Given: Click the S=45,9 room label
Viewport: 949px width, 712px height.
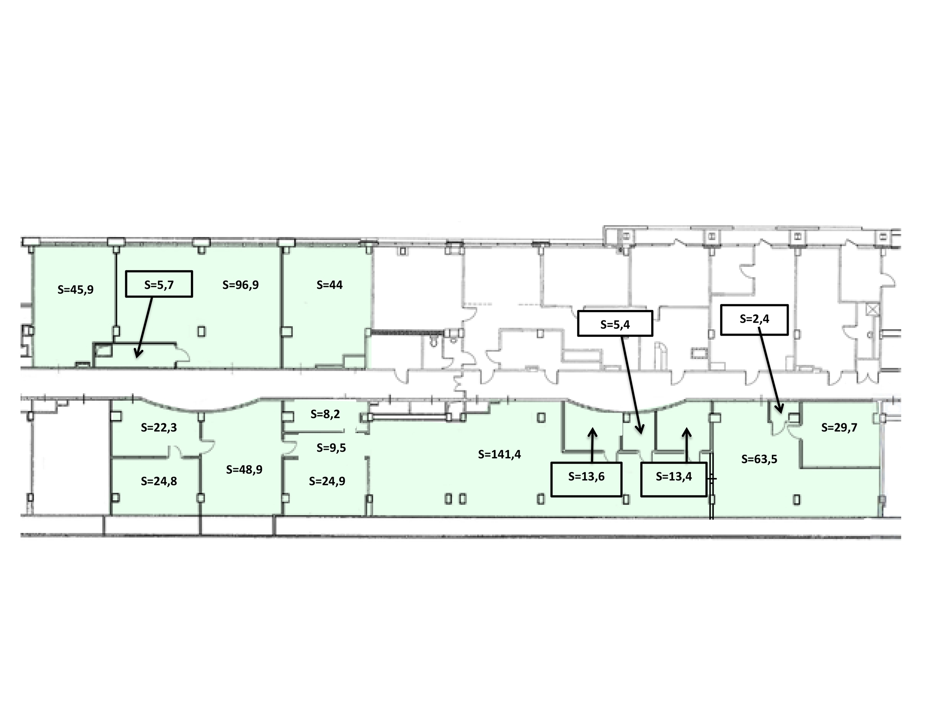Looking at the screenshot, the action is (x=75, y=289).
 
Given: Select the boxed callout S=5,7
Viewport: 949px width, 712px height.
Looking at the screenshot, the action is (x=159, y=284).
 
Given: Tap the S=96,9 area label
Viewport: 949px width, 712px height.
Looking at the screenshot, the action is (x=241, y=284).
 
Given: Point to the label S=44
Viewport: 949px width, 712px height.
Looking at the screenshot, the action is (x=329, y=284).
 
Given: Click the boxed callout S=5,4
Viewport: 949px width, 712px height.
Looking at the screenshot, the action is (x=615, y=323).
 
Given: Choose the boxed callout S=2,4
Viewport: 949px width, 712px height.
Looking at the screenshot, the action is (x=754, y=319).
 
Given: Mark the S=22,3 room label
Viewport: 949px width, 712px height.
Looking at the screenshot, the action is (x=159, y=428).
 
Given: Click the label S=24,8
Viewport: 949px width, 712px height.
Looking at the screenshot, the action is (x=159, y=481).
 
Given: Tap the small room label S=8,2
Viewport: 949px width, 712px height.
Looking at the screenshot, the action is (x=325, y=414).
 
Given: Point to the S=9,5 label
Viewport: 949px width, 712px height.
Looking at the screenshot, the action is (x=331, y=447).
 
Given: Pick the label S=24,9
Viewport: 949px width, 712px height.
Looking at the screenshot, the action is (x=327, y=481).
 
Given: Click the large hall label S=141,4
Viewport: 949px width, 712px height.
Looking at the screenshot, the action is (x=499, y=454).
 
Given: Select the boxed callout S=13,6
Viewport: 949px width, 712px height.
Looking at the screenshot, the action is (x=586, y=479).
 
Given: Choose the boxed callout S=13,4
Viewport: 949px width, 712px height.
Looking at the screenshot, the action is (x=673, y=479).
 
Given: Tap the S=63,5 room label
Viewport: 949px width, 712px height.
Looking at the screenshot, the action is (x=759, y=459).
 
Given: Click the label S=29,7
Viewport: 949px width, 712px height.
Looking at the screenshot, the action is (x=839, y=428).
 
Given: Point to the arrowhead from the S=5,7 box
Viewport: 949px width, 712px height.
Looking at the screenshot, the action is (x=137, y=354).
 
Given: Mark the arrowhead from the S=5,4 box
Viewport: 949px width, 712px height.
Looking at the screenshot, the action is (x=641, y=430).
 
